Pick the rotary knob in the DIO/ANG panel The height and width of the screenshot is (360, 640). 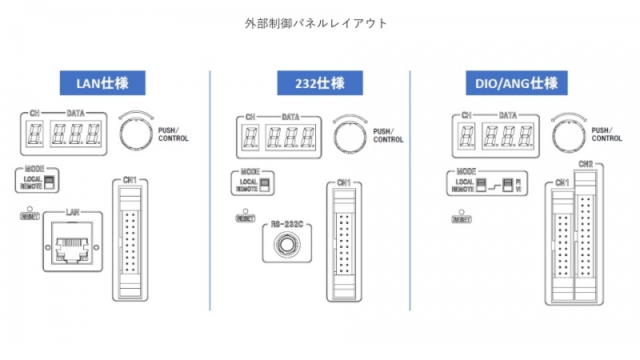pyautogui.click(x=565, y=134)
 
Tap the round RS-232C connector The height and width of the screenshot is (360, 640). pyautogui.click(x=285, y=245)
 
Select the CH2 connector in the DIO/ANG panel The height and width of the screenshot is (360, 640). pyautogui.click(x=586, y=236)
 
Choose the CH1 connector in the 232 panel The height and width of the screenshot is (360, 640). pyautogui.click(x=342, y=244)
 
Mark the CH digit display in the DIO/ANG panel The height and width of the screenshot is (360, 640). pyautogui.click(x=468, y=134)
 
